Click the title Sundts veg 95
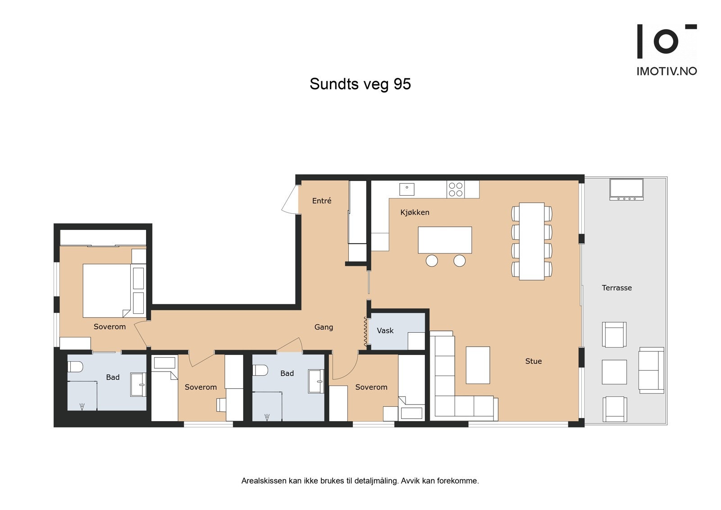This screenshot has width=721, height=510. [360, 84]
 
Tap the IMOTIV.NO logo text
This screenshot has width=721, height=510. [666, 71]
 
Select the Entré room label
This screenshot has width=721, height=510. [322, 201]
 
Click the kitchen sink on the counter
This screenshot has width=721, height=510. [407, 188]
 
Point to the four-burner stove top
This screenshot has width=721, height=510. [456, 189]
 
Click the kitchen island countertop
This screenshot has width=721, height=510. [445, 240]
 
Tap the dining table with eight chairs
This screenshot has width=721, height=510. [532, 241]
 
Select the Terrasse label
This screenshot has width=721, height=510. [616, 288]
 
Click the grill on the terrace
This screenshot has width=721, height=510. [626, 189]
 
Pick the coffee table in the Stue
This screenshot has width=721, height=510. [478, 365]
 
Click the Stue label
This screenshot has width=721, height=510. [534, 361]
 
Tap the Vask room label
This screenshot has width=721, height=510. [385, 331]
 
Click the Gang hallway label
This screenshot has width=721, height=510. [324, 327]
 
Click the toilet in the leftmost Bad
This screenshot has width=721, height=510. [75, 367]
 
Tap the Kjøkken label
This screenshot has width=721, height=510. [415, 212]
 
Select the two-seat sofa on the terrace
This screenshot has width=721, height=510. [651, 370]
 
